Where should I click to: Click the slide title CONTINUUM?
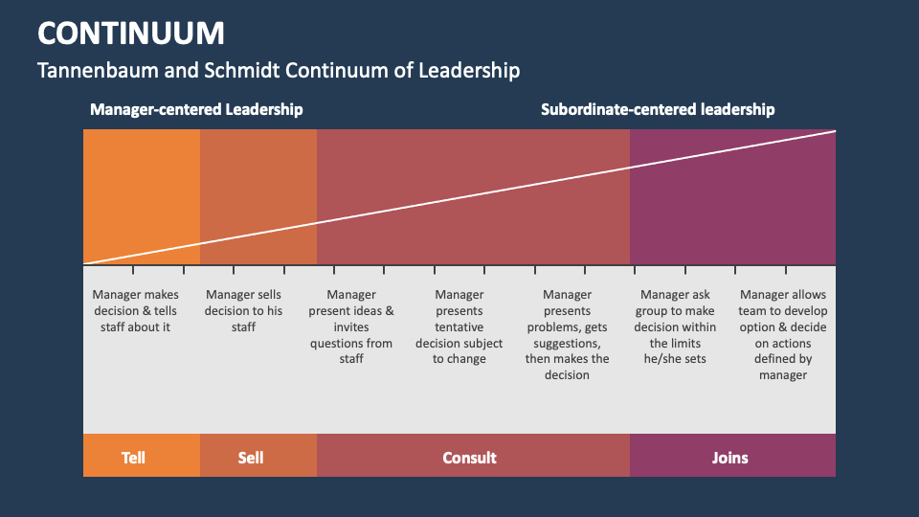pos(131,34)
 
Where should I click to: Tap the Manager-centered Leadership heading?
pos(196,109)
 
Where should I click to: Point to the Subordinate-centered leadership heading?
pos(658,109)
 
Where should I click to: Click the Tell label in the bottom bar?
pos(134,458)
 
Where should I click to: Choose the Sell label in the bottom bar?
pos(251,458)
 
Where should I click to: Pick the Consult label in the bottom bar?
pos(469,458)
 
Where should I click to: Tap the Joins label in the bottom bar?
pos(729,458)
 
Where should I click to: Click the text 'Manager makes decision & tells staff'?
pos(135,311)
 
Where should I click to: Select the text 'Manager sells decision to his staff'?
pos(244,311)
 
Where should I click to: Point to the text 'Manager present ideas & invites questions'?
pos(351,326)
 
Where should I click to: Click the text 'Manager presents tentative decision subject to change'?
pos(459,326)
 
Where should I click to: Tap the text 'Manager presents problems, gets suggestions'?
pos(567,334)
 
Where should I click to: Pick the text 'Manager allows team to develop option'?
pos(783,334)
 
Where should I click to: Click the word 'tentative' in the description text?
pos(459,327)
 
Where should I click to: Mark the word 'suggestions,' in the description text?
pos(567,344)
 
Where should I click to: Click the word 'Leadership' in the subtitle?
pos(467,71)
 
